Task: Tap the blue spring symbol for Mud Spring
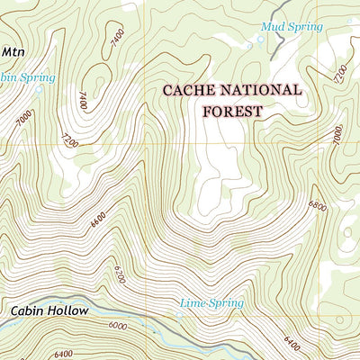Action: tap(263, 39)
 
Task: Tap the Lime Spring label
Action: tap(211, 303)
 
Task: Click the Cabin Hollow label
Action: tap(49, 310)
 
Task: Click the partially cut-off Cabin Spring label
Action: tap(27, 78)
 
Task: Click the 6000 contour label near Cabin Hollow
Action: tap(119, 327)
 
